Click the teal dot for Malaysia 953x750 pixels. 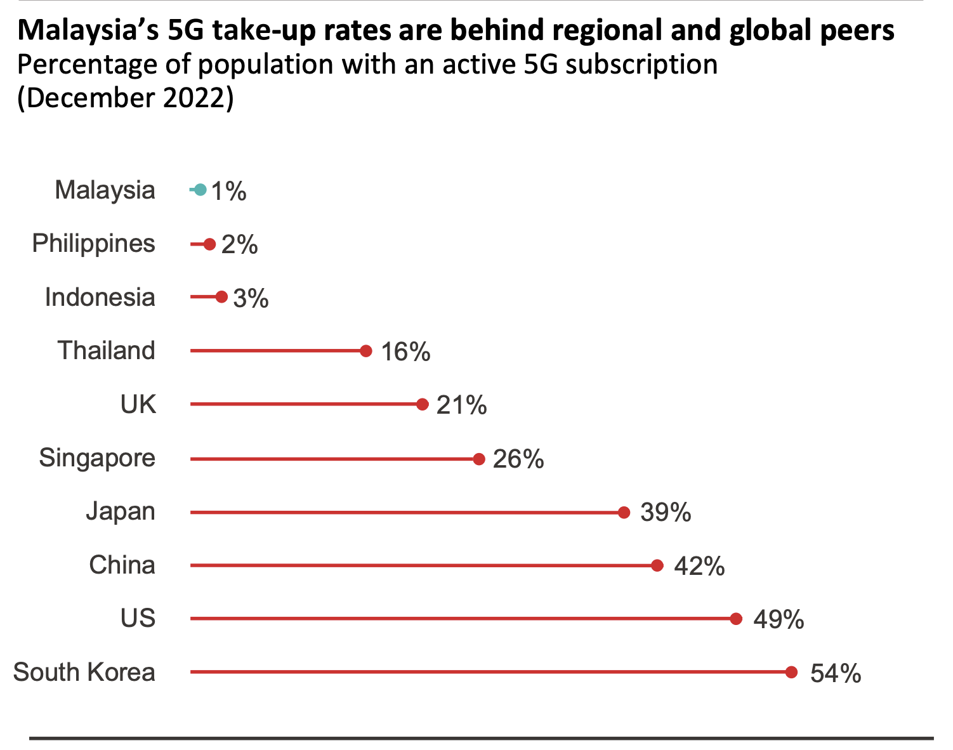tap(200, 190)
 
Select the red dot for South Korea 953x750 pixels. tap(791, 672)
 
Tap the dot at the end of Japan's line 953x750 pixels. tap(624, 512)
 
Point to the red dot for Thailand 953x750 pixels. tap(365, 351)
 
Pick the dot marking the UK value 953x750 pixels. tap(423, 404)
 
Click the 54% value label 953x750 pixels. tap(836, 673)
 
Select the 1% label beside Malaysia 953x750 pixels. tap(228, 191)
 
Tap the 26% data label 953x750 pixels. tap(518, 459)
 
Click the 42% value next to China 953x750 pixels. tap(699, 566)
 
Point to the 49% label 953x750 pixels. tap(779, 619)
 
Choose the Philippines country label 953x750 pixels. tap(93, 244)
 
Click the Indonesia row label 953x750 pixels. tap(100, 297)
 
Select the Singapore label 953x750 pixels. tap(97, 457)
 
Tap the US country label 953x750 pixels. tap(138, 618)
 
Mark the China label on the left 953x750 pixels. tap(122, 565)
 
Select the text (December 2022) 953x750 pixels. tap(125, 98)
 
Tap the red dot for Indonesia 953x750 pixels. tap(221, 297)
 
